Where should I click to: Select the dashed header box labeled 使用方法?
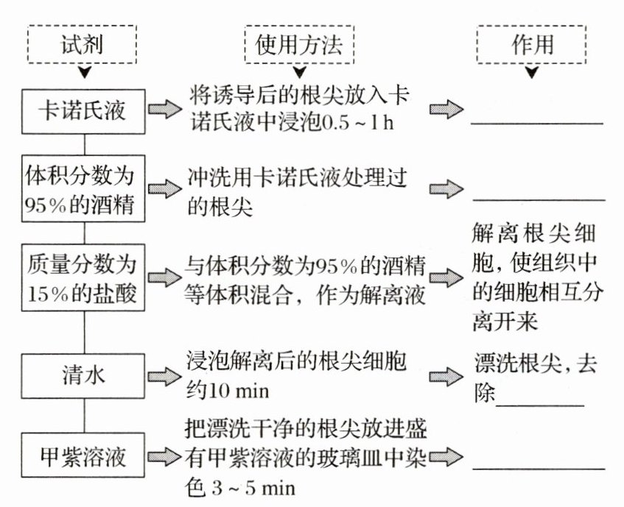(298, 45)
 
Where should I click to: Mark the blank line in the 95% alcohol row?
(537, 199)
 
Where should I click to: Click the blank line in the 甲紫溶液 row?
(537, 467)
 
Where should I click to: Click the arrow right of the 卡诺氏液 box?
(164, 110)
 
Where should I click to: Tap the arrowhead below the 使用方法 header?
(298, 74)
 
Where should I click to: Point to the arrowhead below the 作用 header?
(532, 74)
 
